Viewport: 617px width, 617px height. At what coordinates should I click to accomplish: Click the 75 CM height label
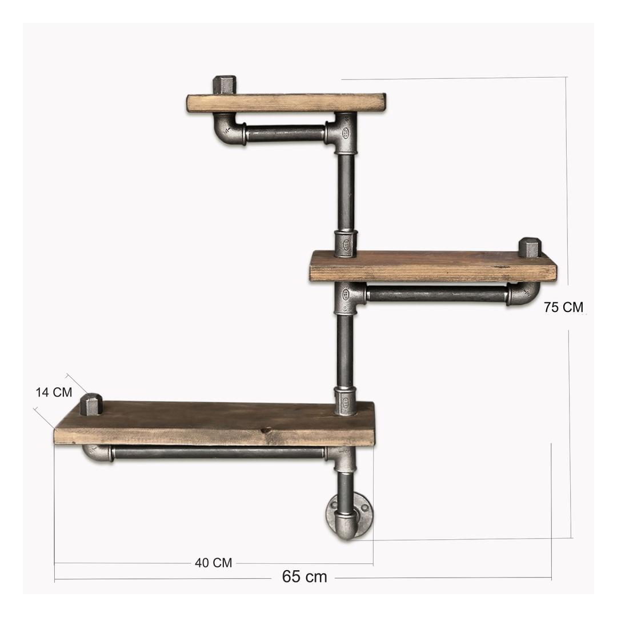point(563,307)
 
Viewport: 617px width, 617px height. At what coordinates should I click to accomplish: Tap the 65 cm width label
point(305,577)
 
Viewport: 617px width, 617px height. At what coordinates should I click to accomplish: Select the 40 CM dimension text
point(213,563)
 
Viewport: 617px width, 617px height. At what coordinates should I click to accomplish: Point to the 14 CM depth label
point(54,392)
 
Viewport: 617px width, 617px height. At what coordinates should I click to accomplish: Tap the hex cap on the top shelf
point(225,85)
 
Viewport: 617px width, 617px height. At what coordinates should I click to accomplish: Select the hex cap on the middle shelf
point(530,248)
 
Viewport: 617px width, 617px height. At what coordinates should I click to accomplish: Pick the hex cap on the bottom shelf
point(91,404)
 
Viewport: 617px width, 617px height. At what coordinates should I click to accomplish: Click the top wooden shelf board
point(286,103)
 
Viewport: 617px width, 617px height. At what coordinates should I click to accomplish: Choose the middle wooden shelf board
point(433,266)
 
